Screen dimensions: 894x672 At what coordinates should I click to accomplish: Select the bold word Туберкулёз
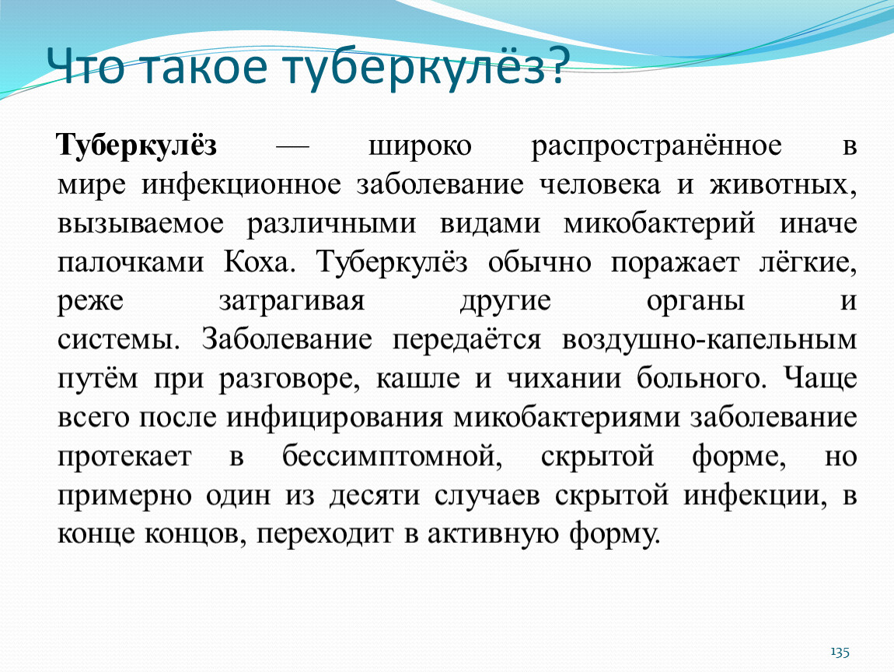click(x=137, y=145)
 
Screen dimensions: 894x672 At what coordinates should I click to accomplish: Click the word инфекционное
click(x=242, y=185)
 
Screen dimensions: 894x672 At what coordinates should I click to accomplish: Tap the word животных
click(x=783, y=185)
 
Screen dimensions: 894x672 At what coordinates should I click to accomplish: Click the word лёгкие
click(x=808, y=261)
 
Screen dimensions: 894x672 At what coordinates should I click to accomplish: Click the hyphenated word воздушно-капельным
click(x=709, y=341)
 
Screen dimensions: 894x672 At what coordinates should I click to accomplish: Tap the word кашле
click(x=418, y=379)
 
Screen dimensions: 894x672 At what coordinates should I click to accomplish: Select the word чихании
click(x=564, y=379)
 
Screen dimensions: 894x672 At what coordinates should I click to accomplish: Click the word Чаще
click(x=820, y=378)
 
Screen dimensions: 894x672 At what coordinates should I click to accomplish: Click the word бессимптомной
click(x=392, y=456)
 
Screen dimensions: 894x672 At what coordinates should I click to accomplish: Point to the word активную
click(x=493, y=534)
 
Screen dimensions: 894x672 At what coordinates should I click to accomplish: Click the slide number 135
click(x=840, y=652)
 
